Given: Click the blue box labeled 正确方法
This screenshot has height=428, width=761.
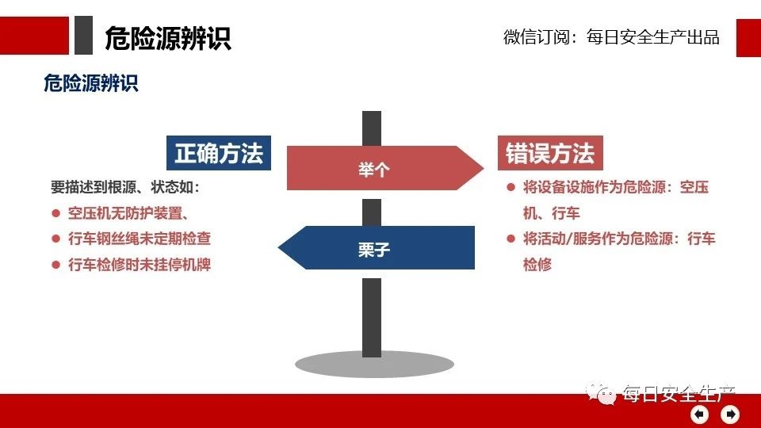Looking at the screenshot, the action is coord(219,153).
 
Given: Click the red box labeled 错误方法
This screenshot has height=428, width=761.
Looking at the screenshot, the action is coord(550,153).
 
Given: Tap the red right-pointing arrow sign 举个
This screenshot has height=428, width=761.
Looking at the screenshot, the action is coord(385,168).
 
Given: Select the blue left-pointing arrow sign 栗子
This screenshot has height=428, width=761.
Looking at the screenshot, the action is coord(376,247).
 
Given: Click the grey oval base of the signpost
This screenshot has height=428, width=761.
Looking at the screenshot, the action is coord(374,365).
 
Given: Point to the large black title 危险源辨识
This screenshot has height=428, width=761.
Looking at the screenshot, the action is coord(168,38).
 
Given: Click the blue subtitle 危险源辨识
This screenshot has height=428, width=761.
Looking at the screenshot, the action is coord(91,83).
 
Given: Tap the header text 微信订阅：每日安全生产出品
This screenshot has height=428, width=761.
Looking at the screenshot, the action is coord(611,37).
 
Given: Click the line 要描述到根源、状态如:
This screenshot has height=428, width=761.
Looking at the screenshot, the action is coord(125,187).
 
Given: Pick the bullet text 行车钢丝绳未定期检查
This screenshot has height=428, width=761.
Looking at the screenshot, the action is coord(140,239).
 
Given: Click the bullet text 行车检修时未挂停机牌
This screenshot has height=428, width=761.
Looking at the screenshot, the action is coord(140,265).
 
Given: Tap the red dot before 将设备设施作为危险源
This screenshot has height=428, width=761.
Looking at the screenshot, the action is coord(511,187).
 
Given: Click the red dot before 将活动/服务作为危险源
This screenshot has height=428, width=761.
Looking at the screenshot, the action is coord(511,239).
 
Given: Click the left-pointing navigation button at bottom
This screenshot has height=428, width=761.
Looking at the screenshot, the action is coord(699,415).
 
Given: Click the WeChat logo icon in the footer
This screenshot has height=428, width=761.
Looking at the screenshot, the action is coord(601,393).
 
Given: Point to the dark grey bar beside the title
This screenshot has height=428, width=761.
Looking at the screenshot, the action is coord(83,35).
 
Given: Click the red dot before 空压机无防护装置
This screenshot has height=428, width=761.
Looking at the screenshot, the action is coord(55,213).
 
